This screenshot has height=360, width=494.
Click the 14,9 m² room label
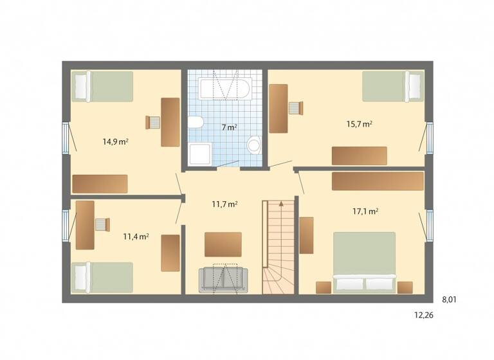click(x=116, y=141)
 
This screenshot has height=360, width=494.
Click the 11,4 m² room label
click(x=136, y=237)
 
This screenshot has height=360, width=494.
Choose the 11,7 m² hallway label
click(x=225, y=204)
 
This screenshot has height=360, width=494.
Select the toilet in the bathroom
click(x=196, y=122)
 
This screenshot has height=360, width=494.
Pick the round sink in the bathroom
click(x=254, y=145)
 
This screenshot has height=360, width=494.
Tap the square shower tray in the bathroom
click(x=199, y=154)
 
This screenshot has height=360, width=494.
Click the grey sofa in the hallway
click(x=223, y=280)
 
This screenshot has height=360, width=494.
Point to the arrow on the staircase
click(x=280, y=204)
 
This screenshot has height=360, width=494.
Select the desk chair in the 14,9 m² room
click(x=153, y=122)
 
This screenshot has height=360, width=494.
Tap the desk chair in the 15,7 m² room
click(x=295, y=107)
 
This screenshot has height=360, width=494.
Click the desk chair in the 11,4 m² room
click(x=102, y=224)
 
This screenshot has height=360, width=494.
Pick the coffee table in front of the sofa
click(x=223, y=244)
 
